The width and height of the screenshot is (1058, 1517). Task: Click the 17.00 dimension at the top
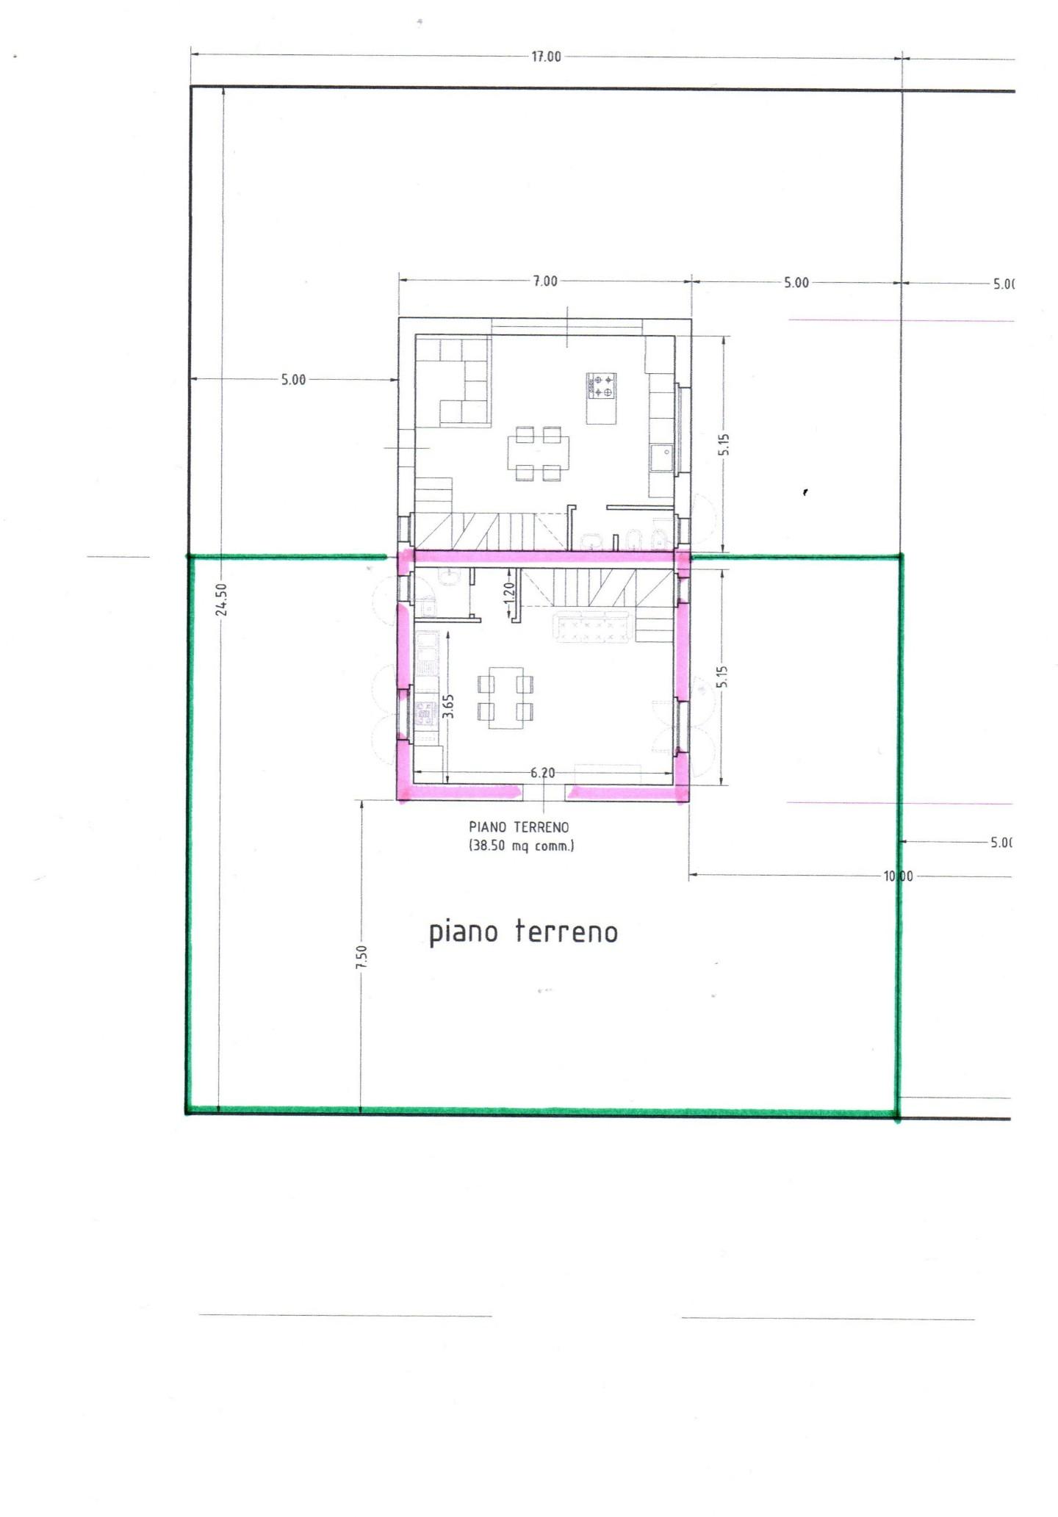click(546, 57)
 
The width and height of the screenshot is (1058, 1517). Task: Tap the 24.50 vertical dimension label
click(223, 599)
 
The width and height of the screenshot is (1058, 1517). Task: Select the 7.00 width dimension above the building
click(545, 281)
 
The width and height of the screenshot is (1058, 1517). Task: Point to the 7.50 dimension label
click(361, 957)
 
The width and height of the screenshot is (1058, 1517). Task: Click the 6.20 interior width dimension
click(542, 773)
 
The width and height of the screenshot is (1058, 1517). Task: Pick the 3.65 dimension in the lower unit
click(448, 707)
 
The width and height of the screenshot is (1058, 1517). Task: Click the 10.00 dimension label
click(898, 876)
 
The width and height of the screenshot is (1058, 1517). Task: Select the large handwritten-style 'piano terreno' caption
click(523, 932)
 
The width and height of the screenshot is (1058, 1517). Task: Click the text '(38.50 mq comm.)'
click(522, 846)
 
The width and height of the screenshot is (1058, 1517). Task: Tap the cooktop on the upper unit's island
click(601, 386)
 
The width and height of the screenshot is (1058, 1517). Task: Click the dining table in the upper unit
click(539, 453)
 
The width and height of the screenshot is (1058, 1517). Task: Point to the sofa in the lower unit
click(592, 626)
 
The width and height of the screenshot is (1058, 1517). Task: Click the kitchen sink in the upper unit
click(662, 458)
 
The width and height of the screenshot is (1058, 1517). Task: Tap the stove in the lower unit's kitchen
click(426, 713)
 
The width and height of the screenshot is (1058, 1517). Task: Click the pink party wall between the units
click(544, 557)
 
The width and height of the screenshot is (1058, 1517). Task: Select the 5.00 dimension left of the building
click(293, 380)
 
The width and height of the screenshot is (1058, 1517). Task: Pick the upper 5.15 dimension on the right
click(724, 444)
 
